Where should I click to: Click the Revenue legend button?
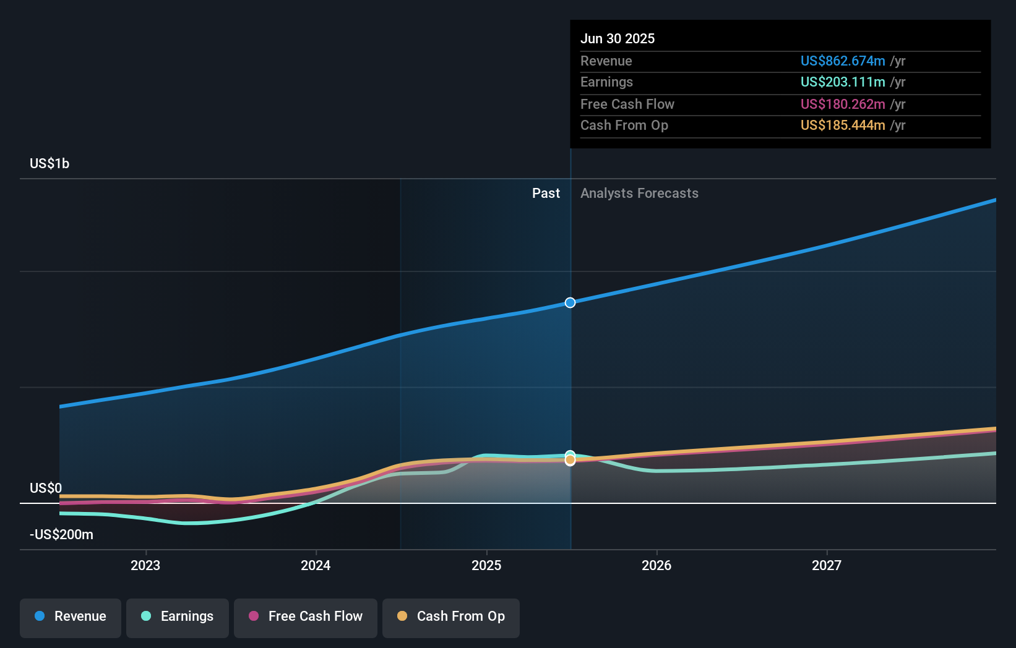pos(71,616)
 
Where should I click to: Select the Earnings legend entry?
pos(178,616)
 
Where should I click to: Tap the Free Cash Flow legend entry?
pos(306,616)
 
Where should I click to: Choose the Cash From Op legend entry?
pos(451,616)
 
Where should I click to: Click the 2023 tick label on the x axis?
pos(145,565)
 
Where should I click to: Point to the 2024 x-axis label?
pos(316,565)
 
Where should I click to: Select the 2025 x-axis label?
pos(486,565)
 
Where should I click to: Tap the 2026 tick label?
pos(657,565)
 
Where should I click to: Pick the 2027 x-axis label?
pos(827,565)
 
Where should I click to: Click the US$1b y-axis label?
pos(50,163)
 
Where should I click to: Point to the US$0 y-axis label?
pos(46,488)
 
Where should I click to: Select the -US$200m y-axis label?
pos(62,534)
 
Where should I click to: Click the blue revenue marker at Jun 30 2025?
pos(570,302)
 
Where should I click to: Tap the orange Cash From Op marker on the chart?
pos(570,460)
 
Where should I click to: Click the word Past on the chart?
pos(546,193)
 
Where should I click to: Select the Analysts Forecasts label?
pos(639,193)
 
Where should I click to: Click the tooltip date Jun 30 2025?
pos(618,38)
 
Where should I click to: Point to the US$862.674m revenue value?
pos(842,61)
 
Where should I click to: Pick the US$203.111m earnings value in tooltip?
pos(842,82)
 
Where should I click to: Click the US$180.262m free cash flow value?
pos(842,104)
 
